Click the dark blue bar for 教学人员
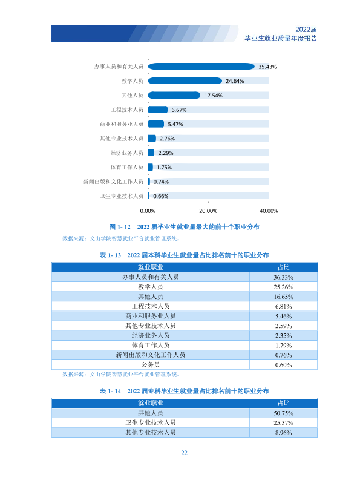[x=185, y=80]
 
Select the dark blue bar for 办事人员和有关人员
[x=201, y=67]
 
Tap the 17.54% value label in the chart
[x=213, y=96]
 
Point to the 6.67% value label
[x=179, y=110]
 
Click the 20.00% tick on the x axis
[x=208, y=211]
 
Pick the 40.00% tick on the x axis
[x=269, y=211]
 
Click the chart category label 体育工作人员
[x=126, y=167]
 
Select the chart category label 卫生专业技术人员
[x=121, y=196]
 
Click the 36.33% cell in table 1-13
[x=283, y=277]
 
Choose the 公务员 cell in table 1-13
[x=151, y=364]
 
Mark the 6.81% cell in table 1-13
[x=283, y=307]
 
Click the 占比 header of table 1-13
[x=284, y=267]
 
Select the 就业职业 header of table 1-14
[x=151, y=403]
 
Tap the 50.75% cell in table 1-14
[x=283, y=413]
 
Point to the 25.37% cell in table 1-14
[x=283, y=423]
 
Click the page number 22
[x=184, y=453]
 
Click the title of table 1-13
[x=184, y=255]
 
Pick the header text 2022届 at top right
[x=306, y=29]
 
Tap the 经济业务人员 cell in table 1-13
[x=151, y=335]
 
